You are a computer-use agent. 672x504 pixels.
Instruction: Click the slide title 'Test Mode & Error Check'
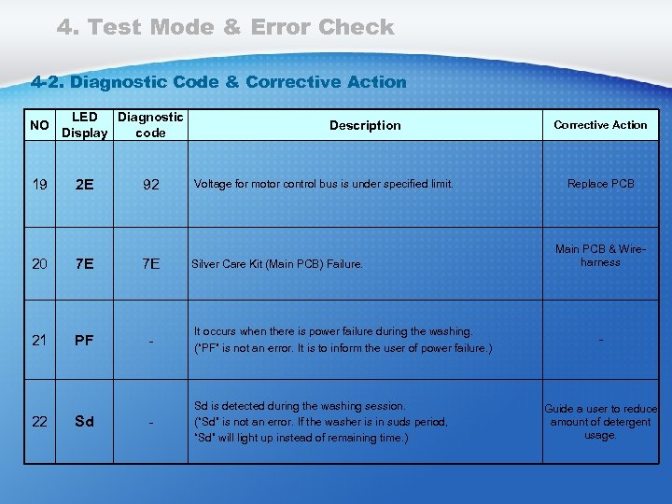click(x=225, y=27)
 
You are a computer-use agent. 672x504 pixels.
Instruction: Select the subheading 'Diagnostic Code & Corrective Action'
click(x=218, y=82)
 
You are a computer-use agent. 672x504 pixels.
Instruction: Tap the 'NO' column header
click(x=39, y=125)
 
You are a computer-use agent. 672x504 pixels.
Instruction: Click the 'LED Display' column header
click(x=84, y=125)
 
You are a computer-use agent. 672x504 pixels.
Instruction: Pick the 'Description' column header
click(x=365, y=125)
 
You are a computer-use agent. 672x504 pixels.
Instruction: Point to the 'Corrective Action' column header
click(x=600, y=125)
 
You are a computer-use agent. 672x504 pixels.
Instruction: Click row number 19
click(x=39, y=184)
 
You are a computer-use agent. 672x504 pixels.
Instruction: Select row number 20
click(x=39, y=264)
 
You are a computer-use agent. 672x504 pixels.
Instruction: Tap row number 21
click(x=39, y=340)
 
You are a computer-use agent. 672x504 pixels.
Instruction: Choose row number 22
click(x=39, y=421)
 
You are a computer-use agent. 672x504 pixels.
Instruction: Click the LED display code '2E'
click(x=84, y=184)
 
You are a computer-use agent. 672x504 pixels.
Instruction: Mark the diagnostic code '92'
click(x=150, y=184)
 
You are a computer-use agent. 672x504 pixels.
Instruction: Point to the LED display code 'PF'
click(x=84, y=340)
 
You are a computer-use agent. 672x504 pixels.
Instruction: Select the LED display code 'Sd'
click(x=84, y=421)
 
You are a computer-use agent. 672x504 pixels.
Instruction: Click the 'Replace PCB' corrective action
click(x=600, y=184)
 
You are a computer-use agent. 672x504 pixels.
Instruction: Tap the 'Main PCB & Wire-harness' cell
click(x=600, y=256)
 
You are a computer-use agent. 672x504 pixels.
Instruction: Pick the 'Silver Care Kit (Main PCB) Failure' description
click(x=277, y=264)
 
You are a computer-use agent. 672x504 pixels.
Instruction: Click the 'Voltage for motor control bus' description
click(x=323, y=184)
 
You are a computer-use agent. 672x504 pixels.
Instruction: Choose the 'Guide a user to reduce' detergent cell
click(x=600, y=422)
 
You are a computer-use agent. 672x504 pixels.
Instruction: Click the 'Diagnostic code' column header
click(x=150, y=125)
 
